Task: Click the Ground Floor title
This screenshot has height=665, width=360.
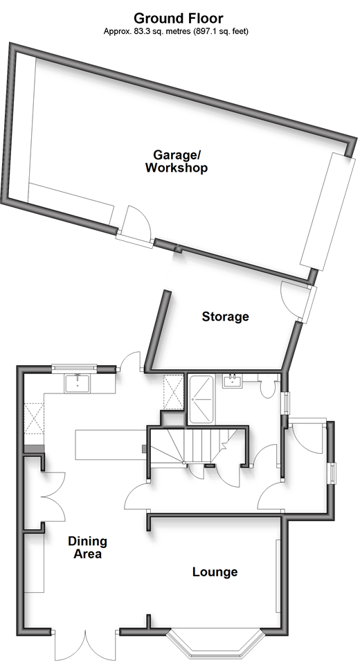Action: [x=178, y=18]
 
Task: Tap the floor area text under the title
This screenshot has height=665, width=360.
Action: [x=176, y=31]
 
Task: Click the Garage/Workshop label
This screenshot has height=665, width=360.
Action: [x=177, y=161]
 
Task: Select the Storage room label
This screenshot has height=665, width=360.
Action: [x=225, y=317]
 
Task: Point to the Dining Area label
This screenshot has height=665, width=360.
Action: [x=87, y=547]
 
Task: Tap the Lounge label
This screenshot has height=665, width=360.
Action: [x=215, y=571]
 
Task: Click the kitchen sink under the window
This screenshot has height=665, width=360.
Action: [x=77, y=383]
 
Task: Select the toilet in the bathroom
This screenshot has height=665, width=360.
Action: [x=267, y=385]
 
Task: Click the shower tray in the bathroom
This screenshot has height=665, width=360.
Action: [x=201, y=399]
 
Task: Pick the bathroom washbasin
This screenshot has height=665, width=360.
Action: [x=232, y=380]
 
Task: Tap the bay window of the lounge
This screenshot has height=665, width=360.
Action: [x=215, y=641]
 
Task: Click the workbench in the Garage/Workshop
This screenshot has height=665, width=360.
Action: [x=71, y=202]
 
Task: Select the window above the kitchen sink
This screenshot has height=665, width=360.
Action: [x=74, y=368]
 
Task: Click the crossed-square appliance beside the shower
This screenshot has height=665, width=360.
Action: [x=174, y=392]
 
